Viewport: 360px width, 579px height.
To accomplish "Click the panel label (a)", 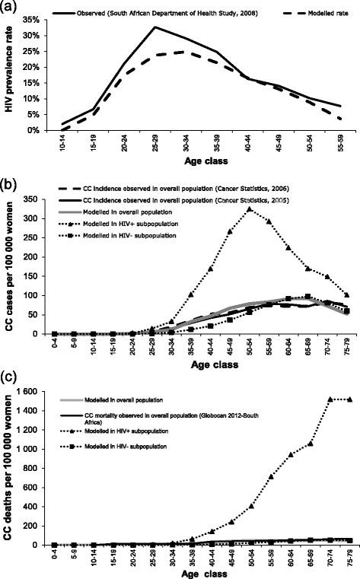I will (x=12, y=7).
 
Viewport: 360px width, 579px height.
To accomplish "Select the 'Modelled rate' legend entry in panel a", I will (x=320, y=14).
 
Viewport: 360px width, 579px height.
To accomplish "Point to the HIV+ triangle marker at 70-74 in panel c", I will (x=330, y=420).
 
